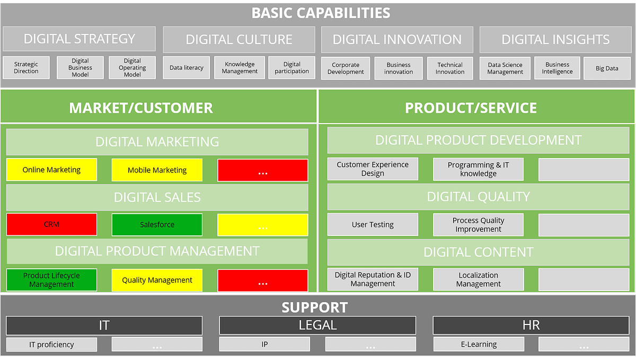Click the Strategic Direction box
click(26, 68)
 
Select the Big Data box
click(607, 68)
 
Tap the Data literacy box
click(187, 68)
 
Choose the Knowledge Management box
click(240, 68)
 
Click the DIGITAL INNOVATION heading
click(397, 40)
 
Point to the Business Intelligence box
click(557, 68)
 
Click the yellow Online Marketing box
click(51, 170)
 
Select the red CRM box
click(51, 224)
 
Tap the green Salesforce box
click(157, 224)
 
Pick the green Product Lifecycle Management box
click(51, 280)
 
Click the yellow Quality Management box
click(157, 280)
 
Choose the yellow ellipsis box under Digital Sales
click(263, 225)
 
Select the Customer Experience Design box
click(373, 169)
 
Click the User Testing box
click(373, 224)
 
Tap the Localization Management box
click(478, 279)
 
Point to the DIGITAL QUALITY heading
click(478, 197)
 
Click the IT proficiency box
click(51, 345)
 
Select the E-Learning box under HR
click(478, 345)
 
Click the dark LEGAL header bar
click(317, 326)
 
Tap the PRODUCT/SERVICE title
click(471, 108)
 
